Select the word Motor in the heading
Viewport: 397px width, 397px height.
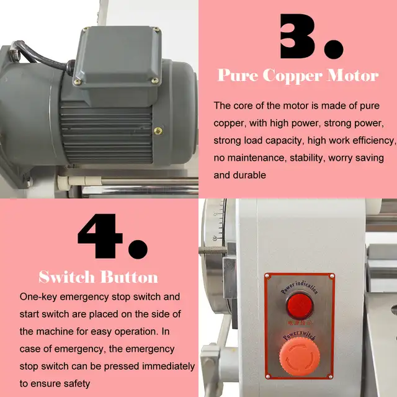tap(354, 76)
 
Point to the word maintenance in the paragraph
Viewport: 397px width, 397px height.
tap(254, 158)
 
